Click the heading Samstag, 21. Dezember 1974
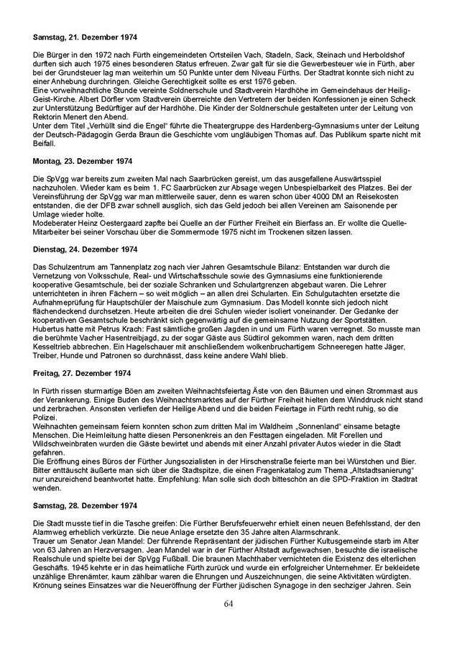(86, 36)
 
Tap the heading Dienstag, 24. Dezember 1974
(86, 249)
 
